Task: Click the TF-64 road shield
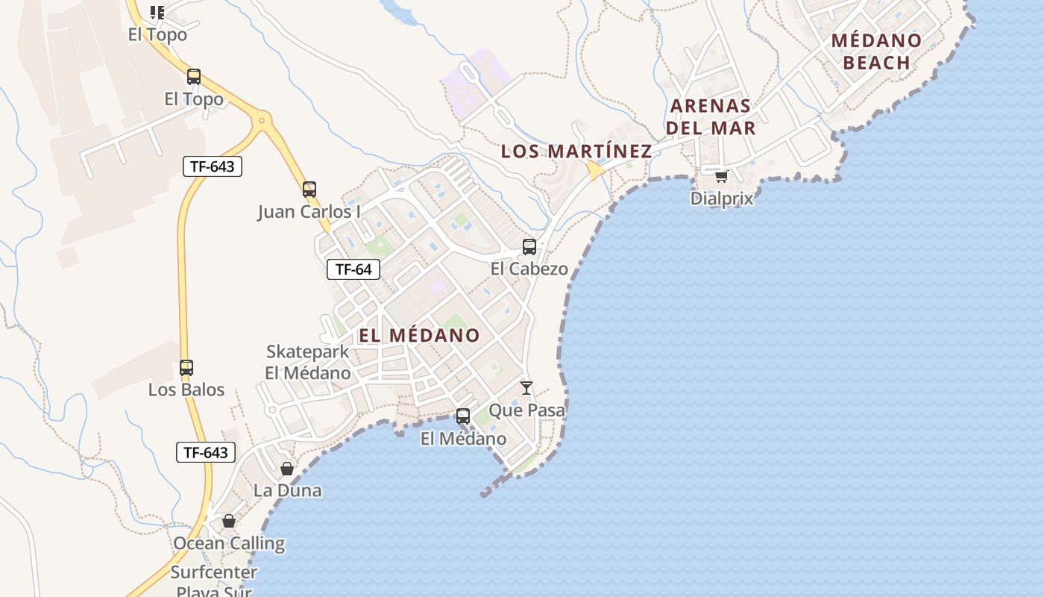[x=353, y=269]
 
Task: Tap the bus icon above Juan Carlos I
[x=309, y=190]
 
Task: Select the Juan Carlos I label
[x=309, y=212]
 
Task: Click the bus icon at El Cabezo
[x=529, y=247]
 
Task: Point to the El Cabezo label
[x=529, y=269]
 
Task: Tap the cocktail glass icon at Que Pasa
[x=526, y=388]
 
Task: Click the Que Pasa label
[x=526, y=410]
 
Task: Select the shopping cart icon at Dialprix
[x=721, y=177]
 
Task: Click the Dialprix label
[x=721, y=199]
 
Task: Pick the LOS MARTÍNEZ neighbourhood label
[x=576, y=151]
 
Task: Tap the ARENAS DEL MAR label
[x=710, y=116]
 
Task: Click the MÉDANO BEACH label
[x=877, y=51]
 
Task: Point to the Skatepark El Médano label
[x=308, y=362]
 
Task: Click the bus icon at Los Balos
[x=186, y=368]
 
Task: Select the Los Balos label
[x=186, y=390]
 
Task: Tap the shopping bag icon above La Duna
[x=287, y=469]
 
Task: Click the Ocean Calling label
[x=229, y=543]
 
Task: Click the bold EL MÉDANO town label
[x=419, y=336]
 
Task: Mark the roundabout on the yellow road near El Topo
[x=262, y=119]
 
